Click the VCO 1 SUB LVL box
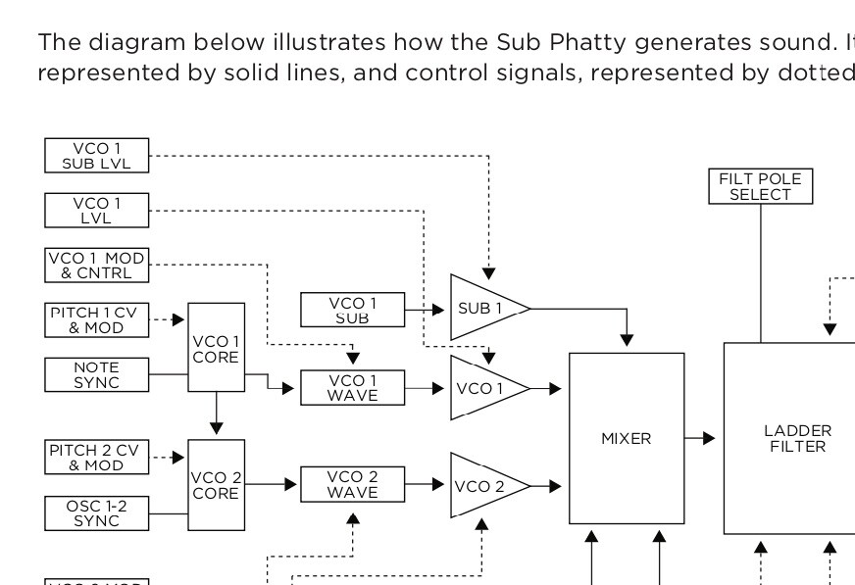(x=97, y=155)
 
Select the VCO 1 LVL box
(x=97, y=210)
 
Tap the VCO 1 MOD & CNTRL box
(x=97, y=265)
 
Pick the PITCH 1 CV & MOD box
(x=97, y=319)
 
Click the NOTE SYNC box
(x=97, y=374)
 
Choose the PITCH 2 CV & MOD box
(x=97, y=457)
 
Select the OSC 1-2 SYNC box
(x=97, y=512)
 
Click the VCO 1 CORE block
(x=216, y=349)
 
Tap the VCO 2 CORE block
(x=216, y=485)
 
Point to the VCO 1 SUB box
(x=352, y=310)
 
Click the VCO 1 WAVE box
(x=352, y=388)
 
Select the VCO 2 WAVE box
(x=352, y=484)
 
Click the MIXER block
(x=627, y=438)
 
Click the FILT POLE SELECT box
(x=761, y=186)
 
